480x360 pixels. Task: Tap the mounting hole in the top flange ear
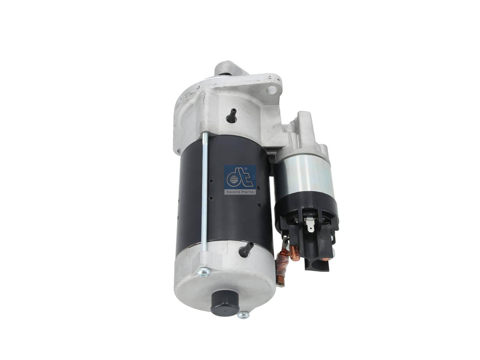pyautogui.click(x=271, y=90)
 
